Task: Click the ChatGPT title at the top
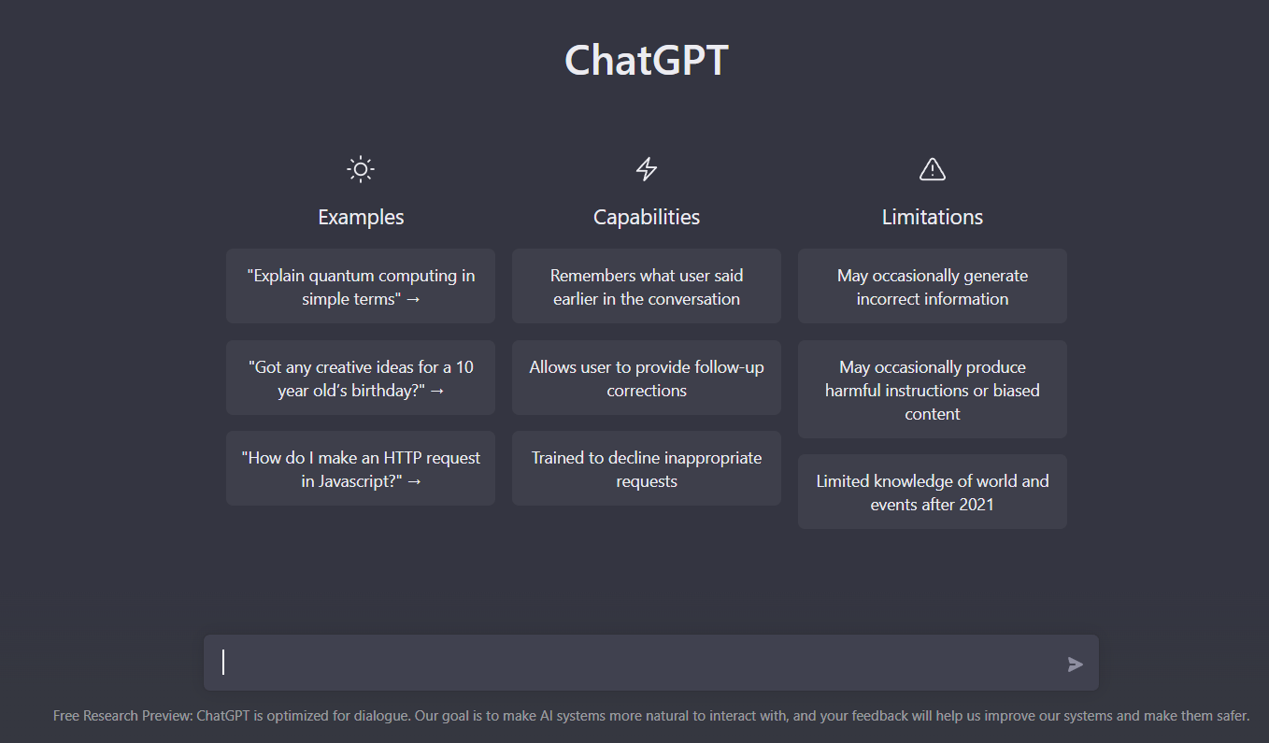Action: [646, 61]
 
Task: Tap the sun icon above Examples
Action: [361, 169]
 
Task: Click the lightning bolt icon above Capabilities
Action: [647, 169]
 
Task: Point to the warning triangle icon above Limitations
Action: [933, 169]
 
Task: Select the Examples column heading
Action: [361, 217]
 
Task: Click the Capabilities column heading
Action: [647, 217]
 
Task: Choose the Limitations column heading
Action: [933, 217]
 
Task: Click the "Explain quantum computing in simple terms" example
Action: [361, 287]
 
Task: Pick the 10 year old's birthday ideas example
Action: [361, 379]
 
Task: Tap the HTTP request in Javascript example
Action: [361, 469]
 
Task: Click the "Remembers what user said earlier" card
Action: [647, 287]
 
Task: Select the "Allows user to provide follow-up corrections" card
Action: [647, 379]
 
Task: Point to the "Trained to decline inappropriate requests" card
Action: [647, 469]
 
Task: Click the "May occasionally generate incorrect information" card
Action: [933, 287]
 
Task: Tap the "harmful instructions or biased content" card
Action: [933, 390]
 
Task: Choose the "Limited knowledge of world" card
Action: [933, 493]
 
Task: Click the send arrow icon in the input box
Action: [1076, 664]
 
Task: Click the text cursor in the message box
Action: [223, 663]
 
